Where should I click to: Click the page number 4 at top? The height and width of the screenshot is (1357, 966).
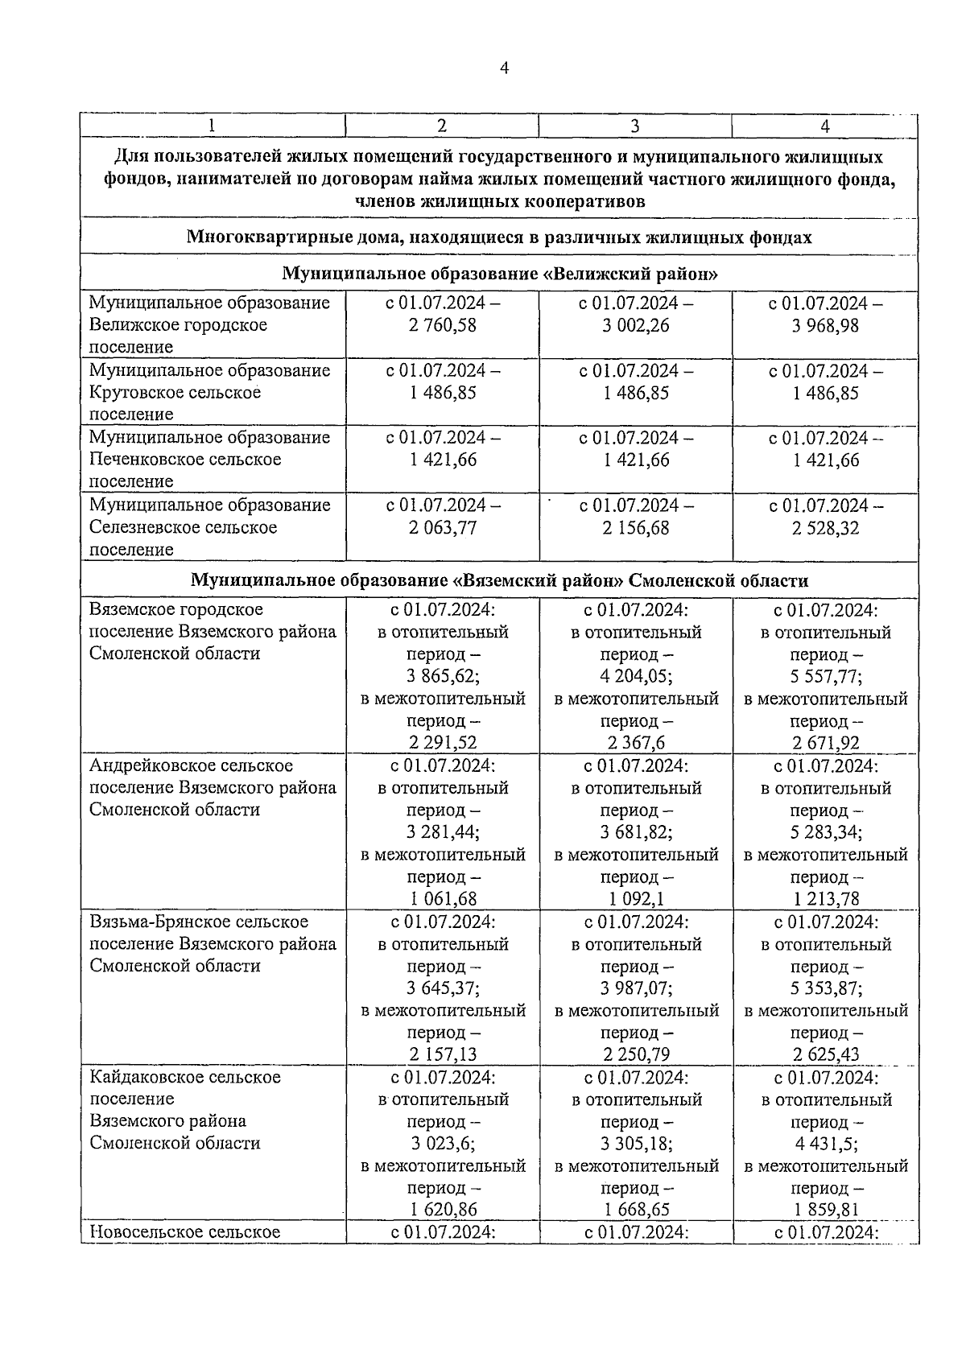504,68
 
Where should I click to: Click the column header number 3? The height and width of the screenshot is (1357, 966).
634,126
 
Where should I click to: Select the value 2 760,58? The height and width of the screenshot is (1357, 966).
443,325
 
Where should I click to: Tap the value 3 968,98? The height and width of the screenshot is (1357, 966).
825,325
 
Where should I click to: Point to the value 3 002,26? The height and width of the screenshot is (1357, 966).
636,325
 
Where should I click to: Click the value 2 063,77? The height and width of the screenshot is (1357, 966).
443,528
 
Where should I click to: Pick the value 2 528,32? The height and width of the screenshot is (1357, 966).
825,528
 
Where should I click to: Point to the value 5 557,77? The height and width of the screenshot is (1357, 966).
827,677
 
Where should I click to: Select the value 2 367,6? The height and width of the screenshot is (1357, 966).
636,743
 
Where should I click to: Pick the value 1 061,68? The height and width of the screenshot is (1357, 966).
443,899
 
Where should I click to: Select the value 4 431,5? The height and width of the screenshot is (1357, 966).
827,1144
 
